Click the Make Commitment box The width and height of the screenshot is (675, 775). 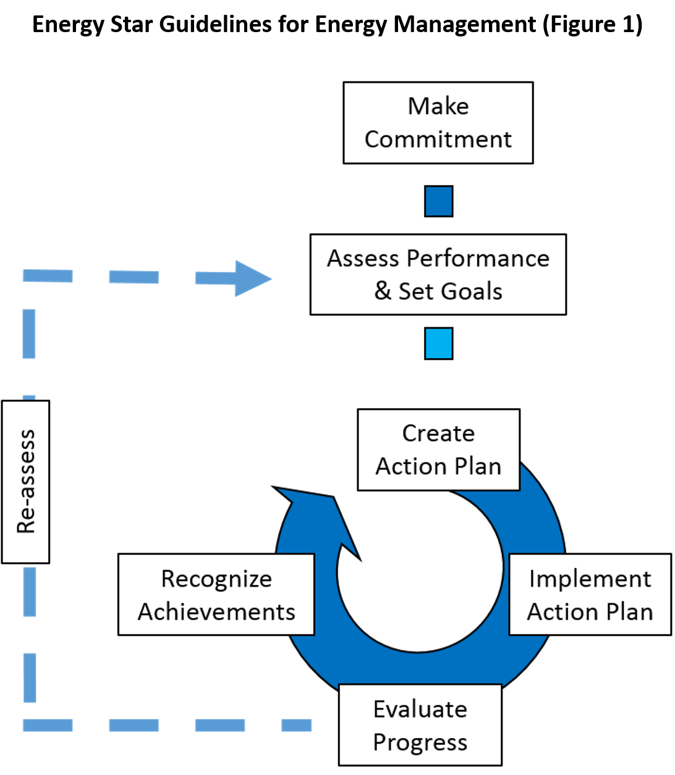pyautogui.click(x=438, y=123)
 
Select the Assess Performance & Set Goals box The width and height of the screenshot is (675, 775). pyautogui.click(x=438, y=274)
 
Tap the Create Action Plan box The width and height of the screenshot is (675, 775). pyautogui.click(x=438, y=450)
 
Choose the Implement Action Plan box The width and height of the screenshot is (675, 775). pyautogui.click(x=590, y=594)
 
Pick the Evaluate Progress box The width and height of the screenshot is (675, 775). pyautogui.click(x=420, y=725)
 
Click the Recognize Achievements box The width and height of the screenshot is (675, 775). pyautogui.click(x=216, y=594)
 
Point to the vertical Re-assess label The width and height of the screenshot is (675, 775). pyautogui.click(x=26, y=482)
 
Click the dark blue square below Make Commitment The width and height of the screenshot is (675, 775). pyautogui.click(x=439, y=201)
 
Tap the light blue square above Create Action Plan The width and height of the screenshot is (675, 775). pyautogui.click(x=439, y=343)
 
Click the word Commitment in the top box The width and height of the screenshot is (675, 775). pyautogui.click(x=438, y=140)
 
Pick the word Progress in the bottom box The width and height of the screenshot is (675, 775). pyautogui.click(x=420, y=742)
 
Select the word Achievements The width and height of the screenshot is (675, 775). pyautogui.click(x=216, y=611)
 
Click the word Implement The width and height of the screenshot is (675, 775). pyautogui.click(x=590, y=579)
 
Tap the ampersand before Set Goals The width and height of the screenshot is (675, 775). pyautogui.click(x=383, y=291)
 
